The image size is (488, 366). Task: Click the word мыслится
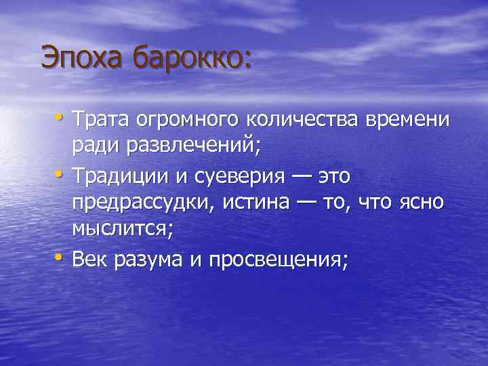[119, 230]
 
